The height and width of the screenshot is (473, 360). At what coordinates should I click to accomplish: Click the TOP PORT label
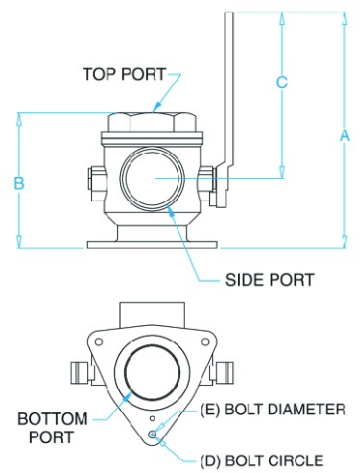click(x=125, y=74)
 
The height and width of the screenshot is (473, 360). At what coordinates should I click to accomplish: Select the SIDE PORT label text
click(x=269, y=280)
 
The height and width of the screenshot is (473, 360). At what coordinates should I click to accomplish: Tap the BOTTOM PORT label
click(x=52, y=428)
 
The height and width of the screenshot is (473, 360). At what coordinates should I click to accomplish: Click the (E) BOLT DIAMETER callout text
click(x=273, y=409)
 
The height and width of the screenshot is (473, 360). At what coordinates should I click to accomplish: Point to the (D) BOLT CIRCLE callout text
click(x=261, y=460)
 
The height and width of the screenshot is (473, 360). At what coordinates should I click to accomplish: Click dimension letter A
click(x=345, y=135)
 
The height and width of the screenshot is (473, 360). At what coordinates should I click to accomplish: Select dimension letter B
click(x=19, y=183)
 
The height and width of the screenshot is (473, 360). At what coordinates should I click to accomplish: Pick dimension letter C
click(x=282, y=82)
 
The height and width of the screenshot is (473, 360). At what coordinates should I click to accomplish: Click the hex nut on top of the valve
click(x=152, y=122)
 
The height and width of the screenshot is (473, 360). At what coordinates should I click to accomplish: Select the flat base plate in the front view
click(x=152, y=244)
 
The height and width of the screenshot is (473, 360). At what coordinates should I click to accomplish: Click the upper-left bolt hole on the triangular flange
click(x=99, y=341)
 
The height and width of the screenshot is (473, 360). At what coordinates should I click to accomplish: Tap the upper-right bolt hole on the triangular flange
click(x=205, y=341)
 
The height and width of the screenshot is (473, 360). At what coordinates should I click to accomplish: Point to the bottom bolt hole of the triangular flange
click(x=153, y=434)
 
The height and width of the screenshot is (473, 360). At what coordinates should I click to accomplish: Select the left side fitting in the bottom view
click(x=80, y=372)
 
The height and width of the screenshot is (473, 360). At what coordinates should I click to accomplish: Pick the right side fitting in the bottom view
click(x=225, y=372)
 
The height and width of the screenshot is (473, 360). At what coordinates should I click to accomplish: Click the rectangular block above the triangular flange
click(x=152, y=314)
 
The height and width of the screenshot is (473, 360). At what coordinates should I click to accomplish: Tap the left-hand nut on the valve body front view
click(x=96, y=179)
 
